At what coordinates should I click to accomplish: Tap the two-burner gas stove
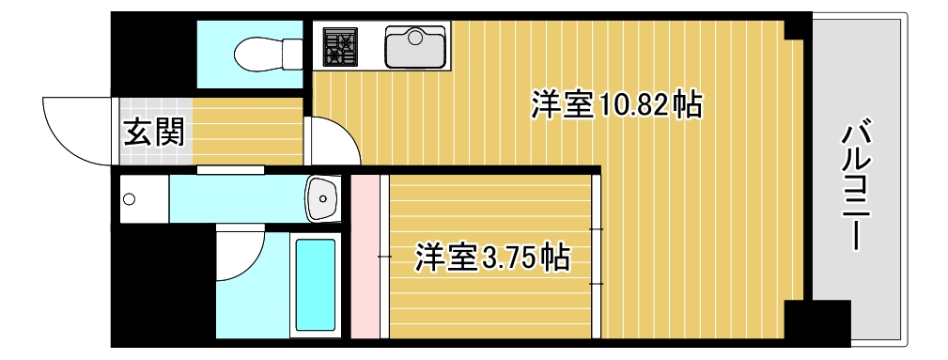(341, 46)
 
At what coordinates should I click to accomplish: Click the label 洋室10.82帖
(616, 104)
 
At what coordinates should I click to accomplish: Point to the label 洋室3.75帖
(492, 256)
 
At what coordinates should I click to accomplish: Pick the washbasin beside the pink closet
(322, 197)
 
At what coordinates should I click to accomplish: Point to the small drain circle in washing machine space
(129, 198)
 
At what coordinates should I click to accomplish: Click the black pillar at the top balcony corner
(797, 25)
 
